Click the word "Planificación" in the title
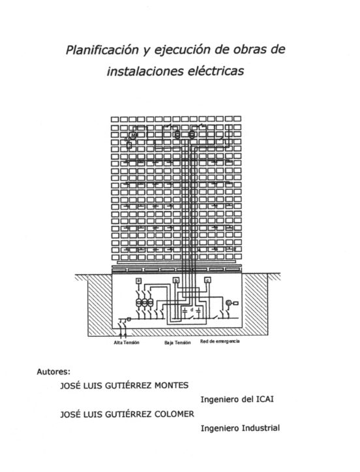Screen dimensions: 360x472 [102, 50]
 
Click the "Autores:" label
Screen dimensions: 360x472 [53, 371]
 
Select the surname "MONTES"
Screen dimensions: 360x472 [172, 385]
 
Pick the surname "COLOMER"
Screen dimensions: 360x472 [174, 414]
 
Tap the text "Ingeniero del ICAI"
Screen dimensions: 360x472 [237, 400]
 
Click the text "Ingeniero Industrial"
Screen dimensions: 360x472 [240, 428]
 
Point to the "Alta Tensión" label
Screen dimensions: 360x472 [127, 343]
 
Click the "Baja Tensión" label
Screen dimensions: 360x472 [177, 343]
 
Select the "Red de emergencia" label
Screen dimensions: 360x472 [220, 341]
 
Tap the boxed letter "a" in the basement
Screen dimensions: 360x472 [139, 281]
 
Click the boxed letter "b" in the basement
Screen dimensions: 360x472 [176, 281]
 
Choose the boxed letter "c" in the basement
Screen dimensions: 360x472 [207, 280]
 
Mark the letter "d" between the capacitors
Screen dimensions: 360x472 [192, 309]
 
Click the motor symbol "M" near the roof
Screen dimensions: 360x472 [132, 135]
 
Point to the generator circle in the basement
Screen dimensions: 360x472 [228, 303]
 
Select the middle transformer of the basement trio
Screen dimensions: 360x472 [144, 302]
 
